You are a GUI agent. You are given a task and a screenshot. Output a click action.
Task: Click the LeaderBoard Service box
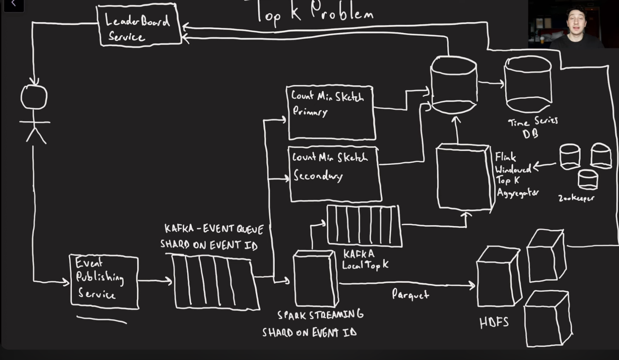(x=139, y=25)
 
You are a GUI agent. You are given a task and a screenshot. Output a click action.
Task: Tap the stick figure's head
(x=34, y=97)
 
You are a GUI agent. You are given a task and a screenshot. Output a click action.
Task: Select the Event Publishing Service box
(x=104, y=281)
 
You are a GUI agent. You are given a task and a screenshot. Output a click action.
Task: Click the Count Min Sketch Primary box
(x=331, y=113)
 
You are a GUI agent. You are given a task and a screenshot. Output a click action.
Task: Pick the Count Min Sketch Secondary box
(x=334, y=174)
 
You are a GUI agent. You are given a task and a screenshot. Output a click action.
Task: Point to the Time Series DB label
(x=532, y=127)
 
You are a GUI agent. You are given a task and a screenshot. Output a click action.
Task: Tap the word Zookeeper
(x=576, y=198)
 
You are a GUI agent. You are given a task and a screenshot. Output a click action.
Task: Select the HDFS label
(x=494, y=322)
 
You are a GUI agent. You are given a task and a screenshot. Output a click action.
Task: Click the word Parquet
(x=410, y=294)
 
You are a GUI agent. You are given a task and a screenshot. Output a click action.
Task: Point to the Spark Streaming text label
(x=320, y=315)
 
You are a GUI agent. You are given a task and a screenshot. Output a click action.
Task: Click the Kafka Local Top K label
(x=365, y=259)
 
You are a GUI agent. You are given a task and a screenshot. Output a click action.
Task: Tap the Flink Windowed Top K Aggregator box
(x=465, y=177)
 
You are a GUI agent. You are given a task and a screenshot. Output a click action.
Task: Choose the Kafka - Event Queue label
(x=214, y=229)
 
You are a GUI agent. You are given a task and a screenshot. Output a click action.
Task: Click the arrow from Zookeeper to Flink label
(x=544, y=165)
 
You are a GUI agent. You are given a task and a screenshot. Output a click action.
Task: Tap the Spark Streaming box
(x=315, y=279)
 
